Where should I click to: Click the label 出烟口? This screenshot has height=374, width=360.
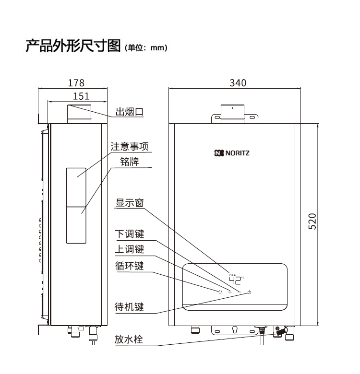pos(130,112)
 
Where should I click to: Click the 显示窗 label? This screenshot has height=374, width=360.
pos(130,202)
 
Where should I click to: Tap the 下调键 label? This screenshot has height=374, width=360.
pos(130,234)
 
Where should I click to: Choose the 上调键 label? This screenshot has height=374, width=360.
pos(130,249)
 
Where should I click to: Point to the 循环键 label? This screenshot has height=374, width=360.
pos(130,265)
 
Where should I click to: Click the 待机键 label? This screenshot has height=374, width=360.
pos(130,307)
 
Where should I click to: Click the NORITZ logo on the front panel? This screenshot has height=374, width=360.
pos(232,154)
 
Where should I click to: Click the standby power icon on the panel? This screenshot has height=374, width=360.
pos(250,292)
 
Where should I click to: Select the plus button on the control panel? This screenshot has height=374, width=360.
pos(230,292)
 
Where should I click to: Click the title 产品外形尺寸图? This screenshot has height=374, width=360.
pos(72,47)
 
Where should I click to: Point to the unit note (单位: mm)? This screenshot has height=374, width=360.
pos(145,48)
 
